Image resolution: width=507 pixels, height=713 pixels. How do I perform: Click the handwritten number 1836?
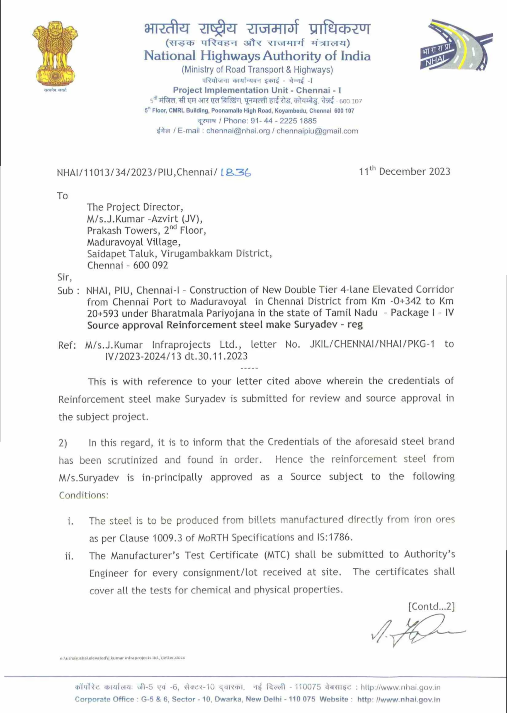tap(236, 172)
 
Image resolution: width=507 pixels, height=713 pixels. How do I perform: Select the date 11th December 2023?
tap(404, 171)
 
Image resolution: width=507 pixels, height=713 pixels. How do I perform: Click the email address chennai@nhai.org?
tap(238, 131)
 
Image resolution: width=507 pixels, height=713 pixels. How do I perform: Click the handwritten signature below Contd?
tap(415, 630)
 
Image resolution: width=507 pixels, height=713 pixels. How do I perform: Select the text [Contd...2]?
tap(431, 606)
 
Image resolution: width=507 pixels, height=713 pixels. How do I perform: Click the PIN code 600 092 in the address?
tap(151, 265)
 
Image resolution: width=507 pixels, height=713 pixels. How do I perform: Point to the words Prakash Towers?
tap(122, 231)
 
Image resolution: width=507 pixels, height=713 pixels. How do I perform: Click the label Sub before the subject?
tap(65, 291)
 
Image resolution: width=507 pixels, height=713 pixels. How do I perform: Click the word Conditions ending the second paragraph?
tap(84, 495)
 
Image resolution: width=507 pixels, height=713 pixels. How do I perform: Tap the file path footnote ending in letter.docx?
tap(122, 658)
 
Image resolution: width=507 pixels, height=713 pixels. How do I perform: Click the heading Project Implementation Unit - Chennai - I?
tap(257, 91)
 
